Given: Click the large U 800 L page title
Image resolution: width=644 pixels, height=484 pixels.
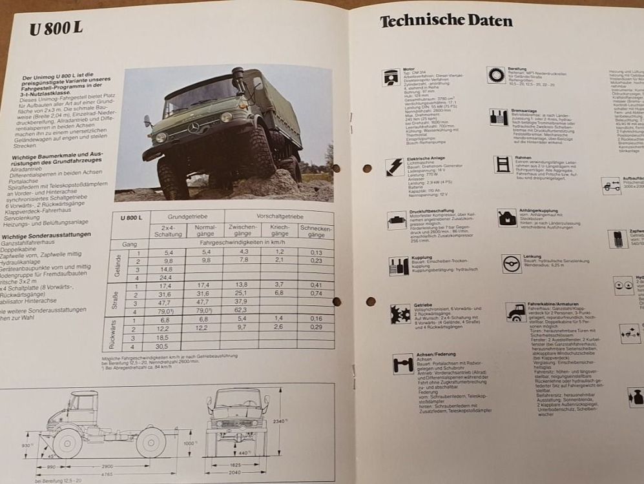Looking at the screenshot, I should coord(57,30).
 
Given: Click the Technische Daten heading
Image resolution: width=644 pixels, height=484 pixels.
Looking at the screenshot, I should coord(446,21).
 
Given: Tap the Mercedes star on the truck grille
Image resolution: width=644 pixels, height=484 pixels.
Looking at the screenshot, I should coord(193,127).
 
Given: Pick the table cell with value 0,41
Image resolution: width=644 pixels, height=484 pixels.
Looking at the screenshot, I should coord(316,285).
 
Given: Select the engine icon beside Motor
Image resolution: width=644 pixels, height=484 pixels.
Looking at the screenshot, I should coord(391,77).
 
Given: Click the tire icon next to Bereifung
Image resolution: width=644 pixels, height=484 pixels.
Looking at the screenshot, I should coord(496,75).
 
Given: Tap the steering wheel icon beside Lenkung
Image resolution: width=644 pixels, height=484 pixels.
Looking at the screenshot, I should coord(511,263).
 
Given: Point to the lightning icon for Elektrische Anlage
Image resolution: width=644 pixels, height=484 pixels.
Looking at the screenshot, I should coord(394,167).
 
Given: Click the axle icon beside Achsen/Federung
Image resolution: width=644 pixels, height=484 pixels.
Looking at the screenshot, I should coord(403,364).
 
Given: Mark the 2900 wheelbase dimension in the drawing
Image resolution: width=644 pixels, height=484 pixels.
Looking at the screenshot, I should coord(107,465).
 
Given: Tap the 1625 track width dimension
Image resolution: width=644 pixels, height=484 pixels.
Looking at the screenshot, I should coord(236,464).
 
